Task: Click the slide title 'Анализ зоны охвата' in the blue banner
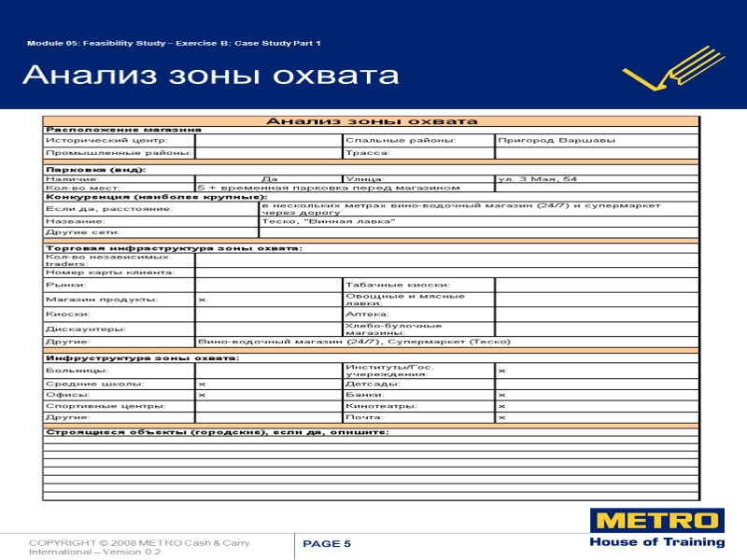pyautogui.click(x=210, y=75)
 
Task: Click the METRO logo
pyautogui.click(x=656, y=521)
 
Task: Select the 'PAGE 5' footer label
pyautogui.click(x=328, y=544)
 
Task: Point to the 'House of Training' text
pyautogui.click(x=656, y=542)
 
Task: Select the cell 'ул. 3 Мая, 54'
pyautogui.click(x=538, y=178)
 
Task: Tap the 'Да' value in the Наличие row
pyautogui.click(x=269, y=178)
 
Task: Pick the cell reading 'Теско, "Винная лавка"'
pyautogui.click(x=328, y=221)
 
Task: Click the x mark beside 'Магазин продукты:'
pyautogui.click(x=202, y=300)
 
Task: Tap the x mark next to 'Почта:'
pyautogui.click(x=501, y=417)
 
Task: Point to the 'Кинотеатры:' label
pyautogui.click(x=378, y=406)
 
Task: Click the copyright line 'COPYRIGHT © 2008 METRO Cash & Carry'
pyautogui.click(x=139, y=542)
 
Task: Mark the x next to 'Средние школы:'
pyautogui.click(x=202, y=384)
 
